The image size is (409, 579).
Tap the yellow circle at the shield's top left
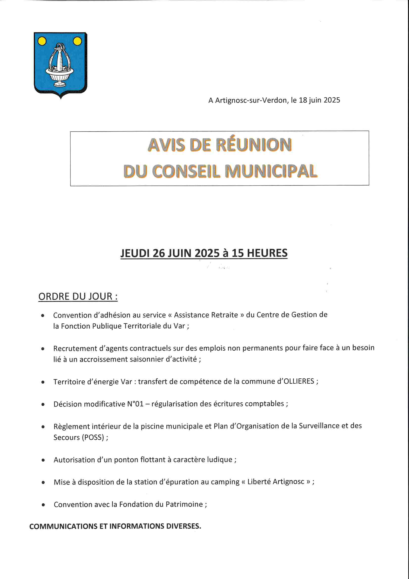(x=42, y=41)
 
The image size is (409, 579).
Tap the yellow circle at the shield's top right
(x=77, y=41)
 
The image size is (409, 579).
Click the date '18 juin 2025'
(x=319, y=100)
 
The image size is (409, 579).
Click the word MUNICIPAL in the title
(x=271, y=171)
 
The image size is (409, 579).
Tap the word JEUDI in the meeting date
(x=135, y=253)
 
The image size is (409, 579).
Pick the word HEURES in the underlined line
(x=267, y=253)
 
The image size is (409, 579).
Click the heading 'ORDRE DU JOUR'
(x=78, y=296)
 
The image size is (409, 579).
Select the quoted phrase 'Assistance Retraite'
(x=206, y=315)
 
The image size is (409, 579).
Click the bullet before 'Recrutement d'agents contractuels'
(x=43, y=349)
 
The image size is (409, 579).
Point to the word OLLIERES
(x=299, y=381)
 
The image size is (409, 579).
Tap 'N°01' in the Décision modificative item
(x=135, y=404)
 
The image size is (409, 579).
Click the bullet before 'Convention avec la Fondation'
(x=43, y=505)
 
